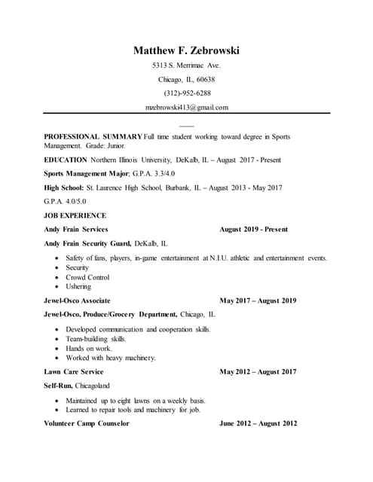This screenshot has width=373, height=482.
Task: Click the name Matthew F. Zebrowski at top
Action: [186, 50]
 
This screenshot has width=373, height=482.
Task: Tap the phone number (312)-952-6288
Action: [187, 93]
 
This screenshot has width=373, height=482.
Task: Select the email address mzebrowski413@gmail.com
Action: [186, 108]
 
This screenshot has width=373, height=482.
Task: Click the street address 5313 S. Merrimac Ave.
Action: [186, 66]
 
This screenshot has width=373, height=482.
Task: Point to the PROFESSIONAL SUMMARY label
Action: [93, 136]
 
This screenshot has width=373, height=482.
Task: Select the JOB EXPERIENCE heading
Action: [75, 215]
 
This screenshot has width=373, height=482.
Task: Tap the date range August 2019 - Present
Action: [253, 229]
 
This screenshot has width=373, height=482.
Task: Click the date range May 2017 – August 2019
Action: [258, 300]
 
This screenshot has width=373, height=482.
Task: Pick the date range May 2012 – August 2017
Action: [258, 372]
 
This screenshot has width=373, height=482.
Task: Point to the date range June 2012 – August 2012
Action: [258, 423]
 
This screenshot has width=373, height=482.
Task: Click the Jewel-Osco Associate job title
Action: [78, 300]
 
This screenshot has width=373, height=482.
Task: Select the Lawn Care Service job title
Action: [74, 372]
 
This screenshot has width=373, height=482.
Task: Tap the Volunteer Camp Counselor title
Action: [87, 423]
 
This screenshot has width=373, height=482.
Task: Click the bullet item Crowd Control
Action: [87, 277]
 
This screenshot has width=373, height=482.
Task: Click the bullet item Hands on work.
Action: [89, 349]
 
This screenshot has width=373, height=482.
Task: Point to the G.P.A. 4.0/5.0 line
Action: [66, 201]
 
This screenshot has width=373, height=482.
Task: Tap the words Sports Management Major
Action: [87, 174]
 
